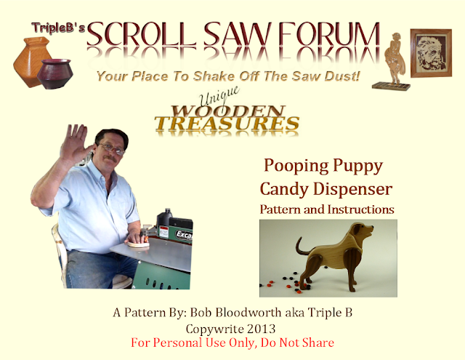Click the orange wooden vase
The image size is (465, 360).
tap(31, 61)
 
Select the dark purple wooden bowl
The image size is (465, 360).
tap(55, 73)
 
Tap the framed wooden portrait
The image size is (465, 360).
tap(431, 53)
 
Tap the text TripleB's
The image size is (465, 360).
tap(58, 28)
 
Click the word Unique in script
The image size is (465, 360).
tap(219, 95)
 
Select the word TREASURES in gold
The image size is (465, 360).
tap(227, 124)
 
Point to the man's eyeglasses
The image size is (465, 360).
tap(112, 148)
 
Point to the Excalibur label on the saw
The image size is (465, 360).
tap(184, 234)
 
